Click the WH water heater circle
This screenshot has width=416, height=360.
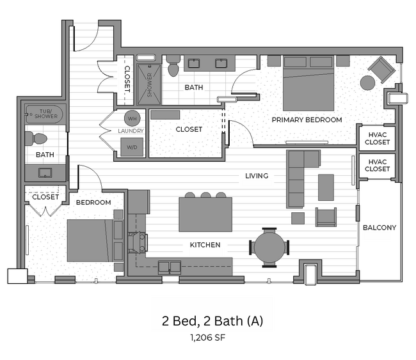pos(132,118)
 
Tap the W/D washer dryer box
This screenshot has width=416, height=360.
pos(132,146)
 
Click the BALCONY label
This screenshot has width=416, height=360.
pos(380,228)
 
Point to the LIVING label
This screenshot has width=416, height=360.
pos(256,176)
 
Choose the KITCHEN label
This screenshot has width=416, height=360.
pos(205,245)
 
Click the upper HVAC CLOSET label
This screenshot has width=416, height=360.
pos(377,138)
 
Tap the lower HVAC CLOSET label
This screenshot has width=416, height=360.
pos(377,165)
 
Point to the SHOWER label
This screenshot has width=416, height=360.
pos(150,84)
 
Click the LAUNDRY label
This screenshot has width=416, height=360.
pos(131,131)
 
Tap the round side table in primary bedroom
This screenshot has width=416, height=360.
pos(367,82)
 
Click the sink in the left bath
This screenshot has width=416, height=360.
pos(45,173)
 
